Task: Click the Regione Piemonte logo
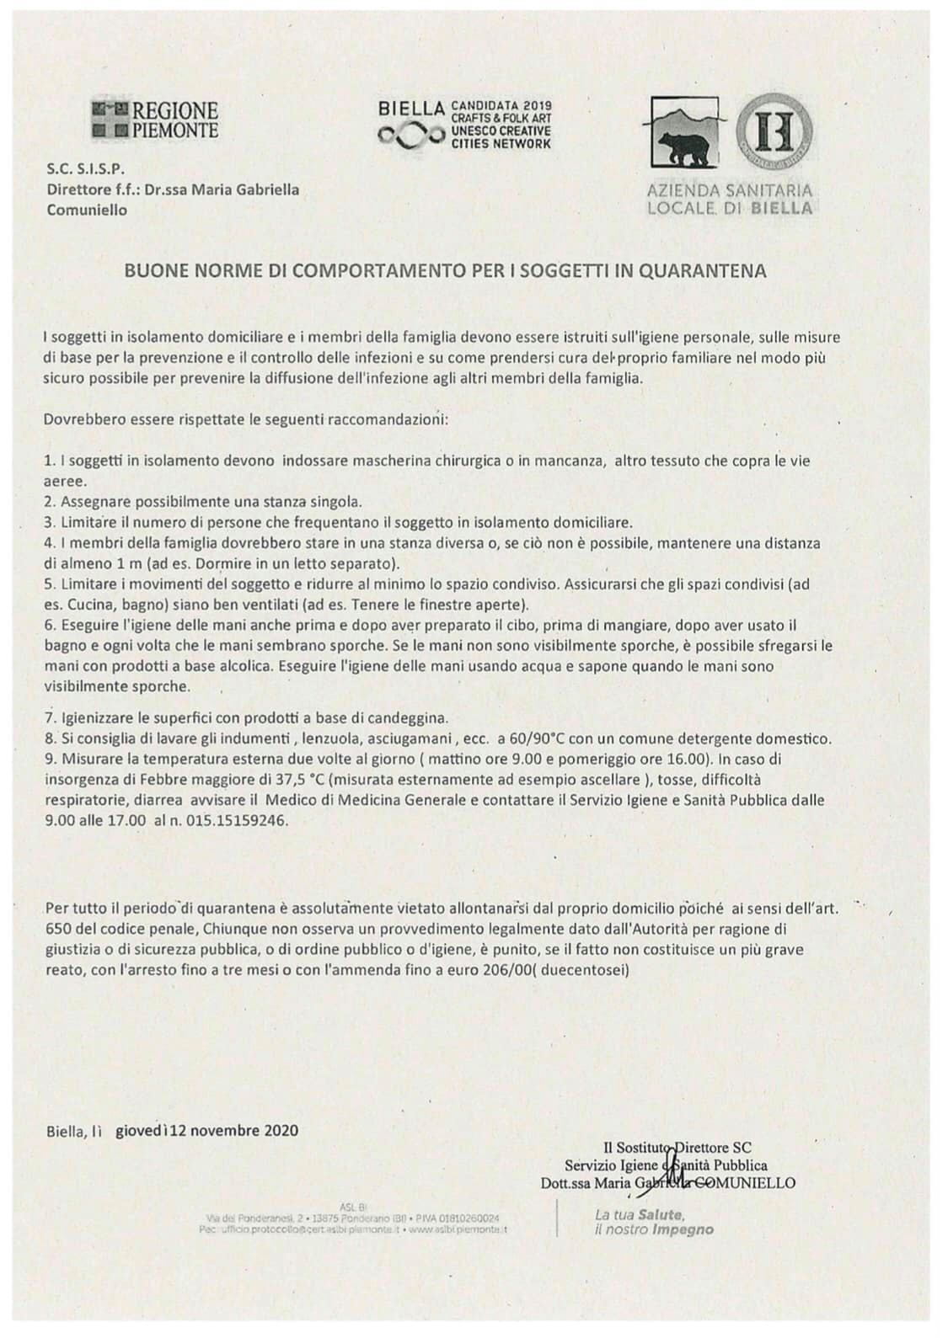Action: click(155, 120)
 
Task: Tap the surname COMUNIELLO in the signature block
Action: click(750, 1183)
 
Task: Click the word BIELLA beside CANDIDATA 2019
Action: click(411, 109)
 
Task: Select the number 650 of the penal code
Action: click(60, 929)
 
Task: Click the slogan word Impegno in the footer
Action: click(683, 1230)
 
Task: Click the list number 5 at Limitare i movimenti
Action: click(49, 584)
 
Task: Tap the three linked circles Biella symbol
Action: click(410, 136)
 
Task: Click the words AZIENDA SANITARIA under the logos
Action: click(730, 191)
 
